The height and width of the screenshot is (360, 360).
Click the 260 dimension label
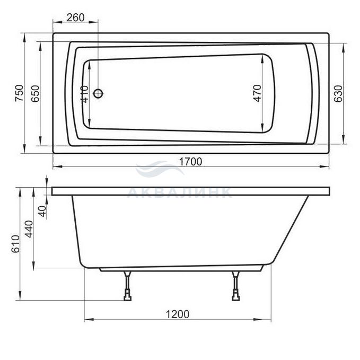(x=75, y=17)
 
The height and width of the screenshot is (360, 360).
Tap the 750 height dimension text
(x=19, y=93)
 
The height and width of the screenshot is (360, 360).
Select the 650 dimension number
(x=36, y=94)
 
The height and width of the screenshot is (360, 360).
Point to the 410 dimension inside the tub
(x=84, y=94)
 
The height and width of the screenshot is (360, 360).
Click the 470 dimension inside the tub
(x=257, y=93)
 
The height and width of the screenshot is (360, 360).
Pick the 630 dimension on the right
(x=338, y=94)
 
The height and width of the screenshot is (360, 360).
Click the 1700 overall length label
(x=190, y=162)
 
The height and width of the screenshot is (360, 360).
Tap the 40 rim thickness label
(x=42, y=211)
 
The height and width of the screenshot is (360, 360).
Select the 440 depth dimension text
(x=29, y=229)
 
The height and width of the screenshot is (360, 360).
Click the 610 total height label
(x=15, y=244)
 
